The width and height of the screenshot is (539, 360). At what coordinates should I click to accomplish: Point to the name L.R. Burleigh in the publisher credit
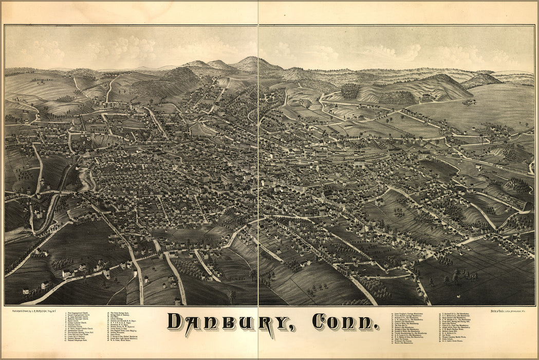[x=38, y=311]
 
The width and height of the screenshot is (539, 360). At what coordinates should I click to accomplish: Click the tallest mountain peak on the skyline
[x=250, y=60]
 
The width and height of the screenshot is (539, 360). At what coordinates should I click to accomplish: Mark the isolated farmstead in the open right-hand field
[x=468, y=102]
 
